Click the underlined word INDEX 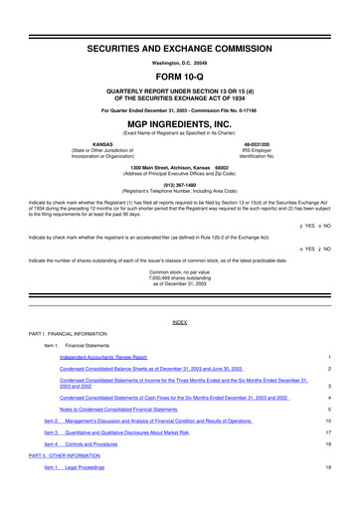point(180,323)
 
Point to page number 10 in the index point(326,422)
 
